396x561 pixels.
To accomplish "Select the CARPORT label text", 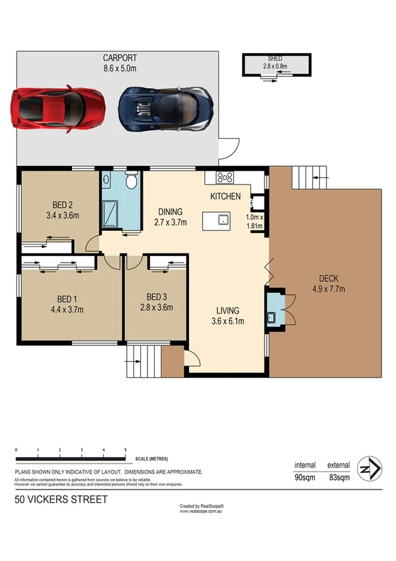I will pyautogui.click(x=120, y=57).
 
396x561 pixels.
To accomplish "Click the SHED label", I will pyautogui.click(x=276, y=58).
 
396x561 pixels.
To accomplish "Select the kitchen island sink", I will pyautogui.click(x=224, y=220).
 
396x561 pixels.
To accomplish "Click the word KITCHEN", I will pyautogui.click(x=225, y=196).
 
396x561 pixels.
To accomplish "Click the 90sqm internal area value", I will pyautogui.click(x=305, y=477).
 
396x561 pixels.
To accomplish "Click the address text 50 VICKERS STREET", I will pyautogui.click(x=60, y=500).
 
